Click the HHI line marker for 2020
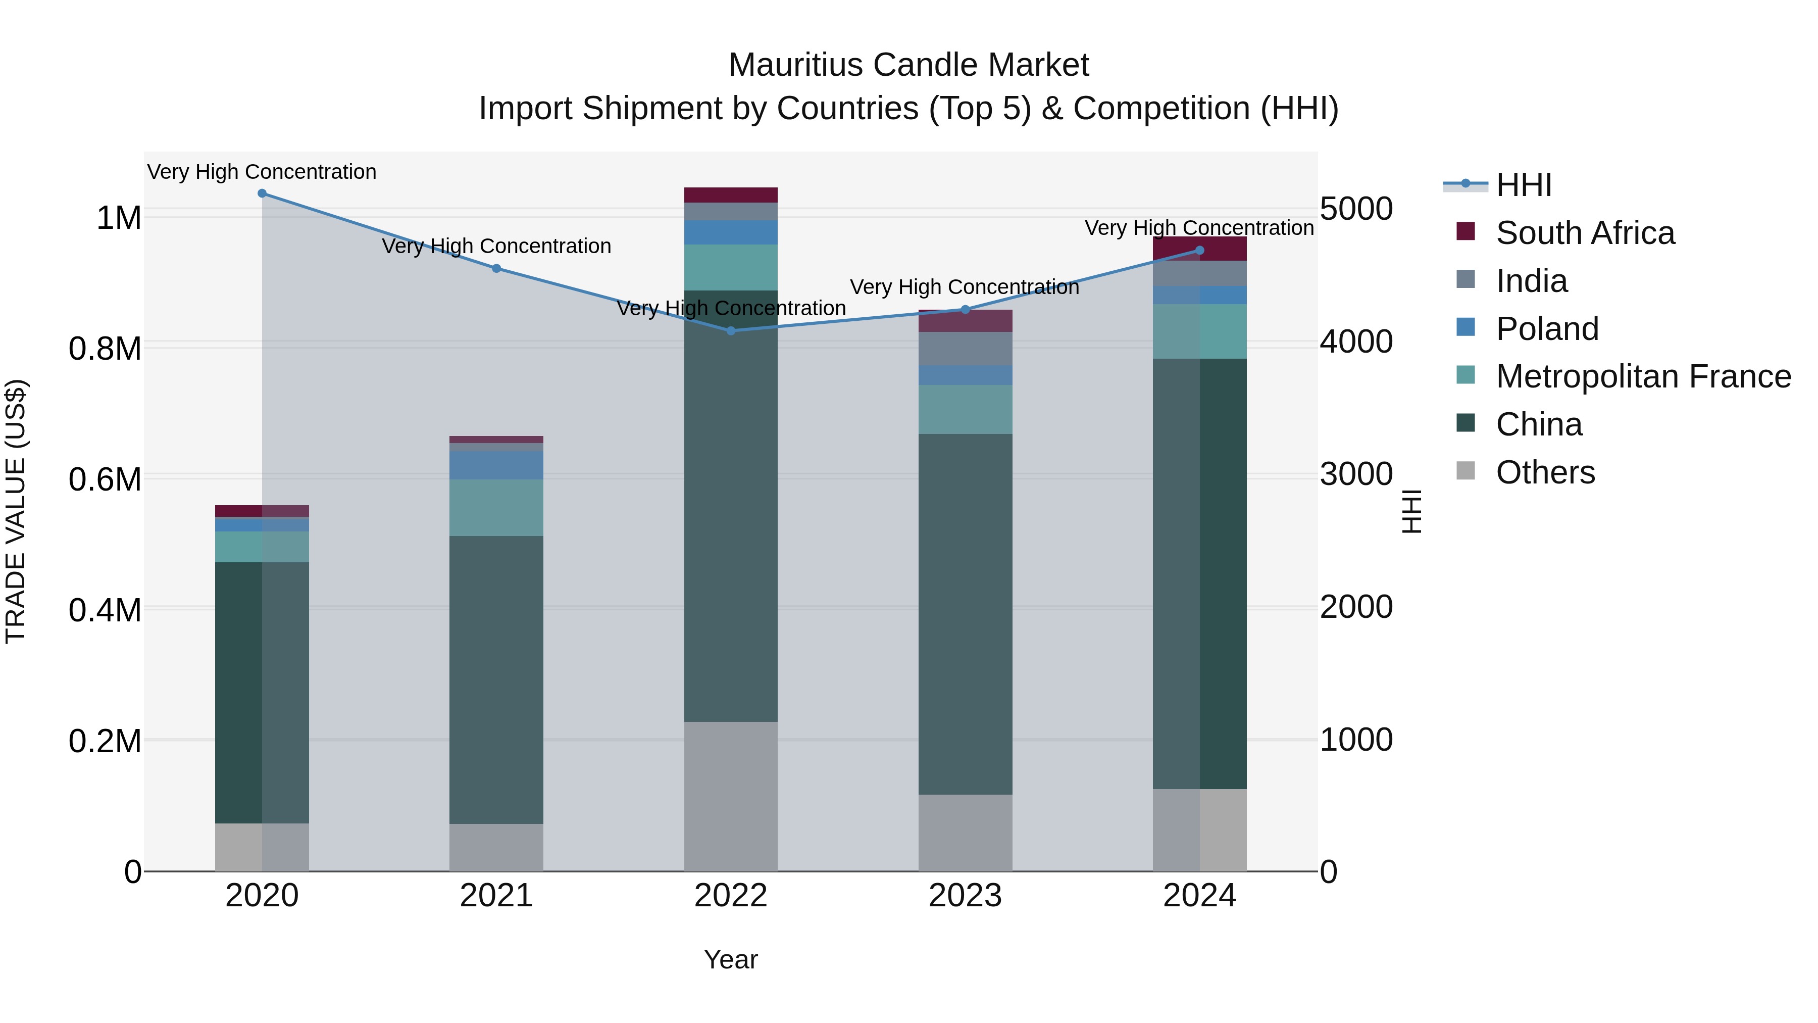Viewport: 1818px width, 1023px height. coord(262,193)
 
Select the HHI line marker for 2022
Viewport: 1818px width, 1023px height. coord(730,330)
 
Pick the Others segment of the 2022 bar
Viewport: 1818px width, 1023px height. coord(730,796)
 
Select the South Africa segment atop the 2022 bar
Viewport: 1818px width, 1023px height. coord(730,195)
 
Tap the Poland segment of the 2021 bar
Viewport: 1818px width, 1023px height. coord(496,465)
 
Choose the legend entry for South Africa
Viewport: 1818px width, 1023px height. coord(1584,233)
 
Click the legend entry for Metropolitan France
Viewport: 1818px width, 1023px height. coord(1643,376)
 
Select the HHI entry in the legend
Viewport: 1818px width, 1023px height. coord(1523,185)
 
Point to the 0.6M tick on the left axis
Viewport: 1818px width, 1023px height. coord(105,479)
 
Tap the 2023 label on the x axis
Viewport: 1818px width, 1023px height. coord(965,896)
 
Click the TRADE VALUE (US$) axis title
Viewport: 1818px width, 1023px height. coord(16,511)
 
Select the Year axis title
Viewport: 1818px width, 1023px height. coord(730,959)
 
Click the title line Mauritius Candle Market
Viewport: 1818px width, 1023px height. coord(908,65)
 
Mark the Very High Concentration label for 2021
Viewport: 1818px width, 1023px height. coord(496,247)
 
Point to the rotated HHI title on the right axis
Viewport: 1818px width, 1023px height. coord(1411,511)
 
